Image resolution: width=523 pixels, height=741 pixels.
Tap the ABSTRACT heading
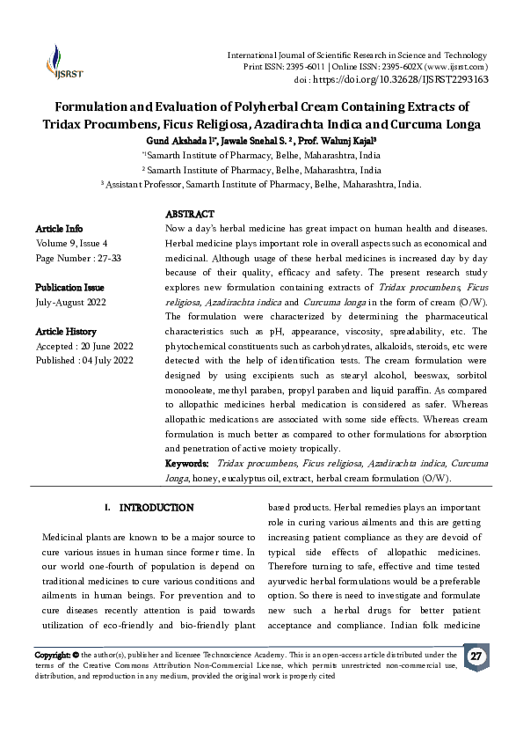189,215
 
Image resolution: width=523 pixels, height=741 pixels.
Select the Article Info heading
59,229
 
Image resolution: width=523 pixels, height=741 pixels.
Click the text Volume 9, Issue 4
71,244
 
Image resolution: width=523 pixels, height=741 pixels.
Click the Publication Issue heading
69,288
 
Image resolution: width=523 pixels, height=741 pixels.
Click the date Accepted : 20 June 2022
83,347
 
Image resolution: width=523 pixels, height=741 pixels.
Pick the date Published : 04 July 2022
84,361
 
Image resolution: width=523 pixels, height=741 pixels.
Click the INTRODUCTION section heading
156,508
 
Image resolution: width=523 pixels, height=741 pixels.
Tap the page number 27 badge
476,657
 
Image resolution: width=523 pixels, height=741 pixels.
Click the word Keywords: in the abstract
187,463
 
